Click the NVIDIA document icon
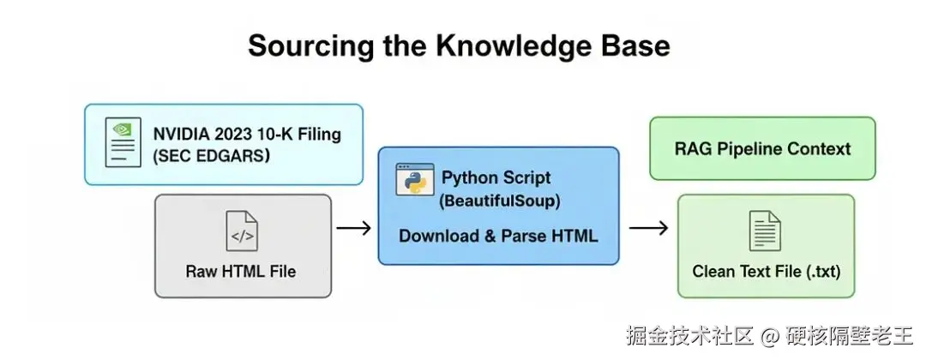click(123, 142)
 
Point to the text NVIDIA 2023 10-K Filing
click(247, 134)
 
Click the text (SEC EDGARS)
click(212, 156)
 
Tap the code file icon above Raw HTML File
click(242, 231)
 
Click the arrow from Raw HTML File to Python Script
click(353, 228)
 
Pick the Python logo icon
click(413, 179)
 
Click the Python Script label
click(496, 178)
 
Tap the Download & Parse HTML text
click(498, 236)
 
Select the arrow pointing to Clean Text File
click(649, 228)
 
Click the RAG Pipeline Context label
click(762, 148)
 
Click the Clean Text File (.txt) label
click(767, 272)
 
